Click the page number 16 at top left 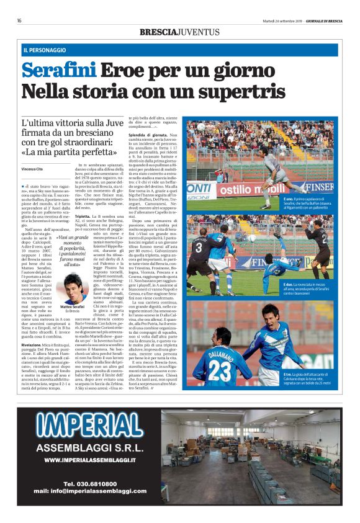(x=19, y=20)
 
